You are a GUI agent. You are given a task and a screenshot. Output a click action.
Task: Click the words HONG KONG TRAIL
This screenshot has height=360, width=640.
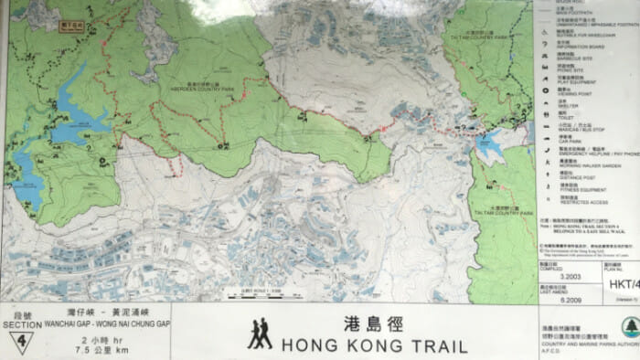pyautogui.click(x=374, y=345)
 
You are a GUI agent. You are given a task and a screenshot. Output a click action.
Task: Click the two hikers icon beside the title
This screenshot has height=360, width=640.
pyautogui.click(x=259, y=334)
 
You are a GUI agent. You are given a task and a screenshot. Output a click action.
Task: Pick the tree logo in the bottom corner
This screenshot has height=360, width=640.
pyautogui.click(x=629, y=327)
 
